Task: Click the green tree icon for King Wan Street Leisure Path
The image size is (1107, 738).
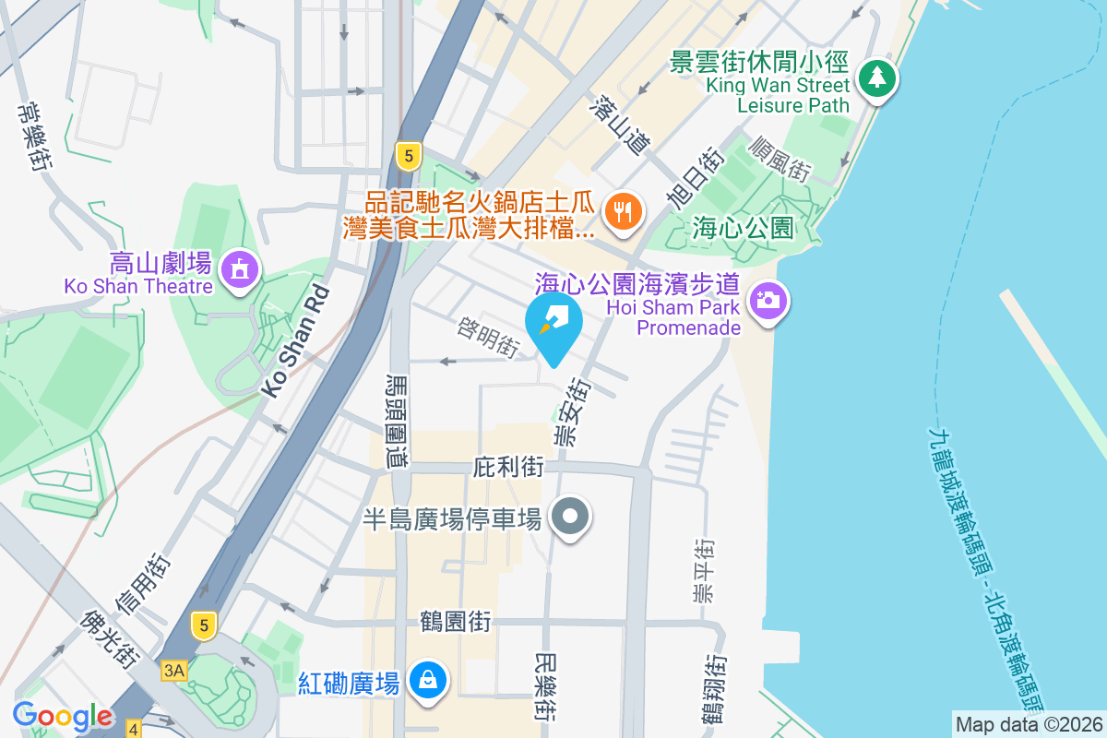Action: click(x=876, y=78)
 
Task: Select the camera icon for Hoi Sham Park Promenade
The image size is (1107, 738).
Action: click(x=768, y=300)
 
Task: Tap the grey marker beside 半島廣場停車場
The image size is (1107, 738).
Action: click(x=571, y=517)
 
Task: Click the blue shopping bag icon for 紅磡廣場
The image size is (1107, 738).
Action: click(x=428, y=681)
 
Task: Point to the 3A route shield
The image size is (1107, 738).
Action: click(x=173, y=670)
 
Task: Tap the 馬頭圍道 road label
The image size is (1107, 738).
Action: click(x=398, y=422)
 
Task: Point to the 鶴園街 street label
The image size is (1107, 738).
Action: click(x=454, y=621)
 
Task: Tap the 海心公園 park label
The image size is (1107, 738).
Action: click(x=743, y=227)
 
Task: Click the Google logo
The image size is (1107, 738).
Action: click(x=62, y=715)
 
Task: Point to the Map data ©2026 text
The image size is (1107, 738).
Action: click(x=1029, y=724)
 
